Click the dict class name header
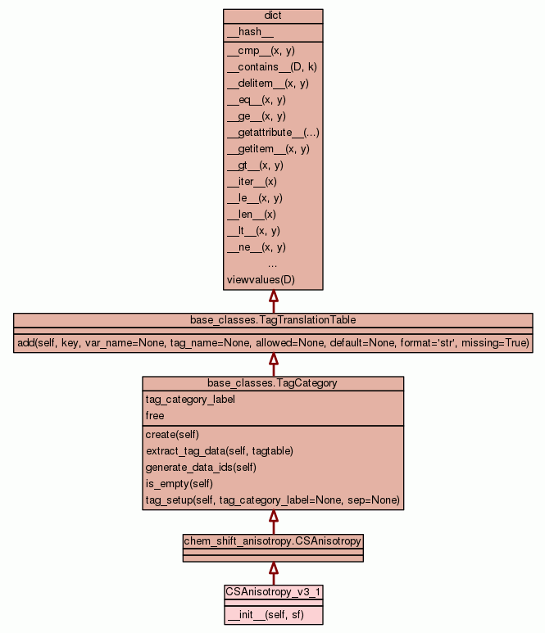(x=273, y=16)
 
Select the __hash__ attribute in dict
(x=244, y=32)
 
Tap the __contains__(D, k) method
(x=272, y=67)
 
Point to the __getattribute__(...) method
(x=273, y=133)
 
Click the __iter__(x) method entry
(x=252, y=182)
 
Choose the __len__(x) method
(x=252, y=215)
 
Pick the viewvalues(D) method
(x=261, y=280)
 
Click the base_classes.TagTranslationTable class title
(x=273, y=319)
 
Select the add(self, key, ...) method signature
(x=273, y=342)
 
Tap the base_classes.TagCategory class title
(x=273, y=383)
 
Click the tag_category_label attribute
(x=190, y=400)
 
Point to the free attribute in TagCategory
(x=155, y=416)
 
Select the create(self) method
(x=172, y=434)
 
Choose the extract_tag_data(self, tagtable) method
(x=220, y=450)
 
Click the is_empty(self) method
(x=180, y=483)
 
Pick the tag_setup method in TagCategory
(x=272, y=500)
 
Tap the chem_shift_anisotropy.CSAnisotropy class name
(x=273, y=540)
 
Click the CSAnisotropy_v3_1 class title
(x=273, y=590)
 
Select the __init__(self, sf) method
(x=266, y=614)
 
